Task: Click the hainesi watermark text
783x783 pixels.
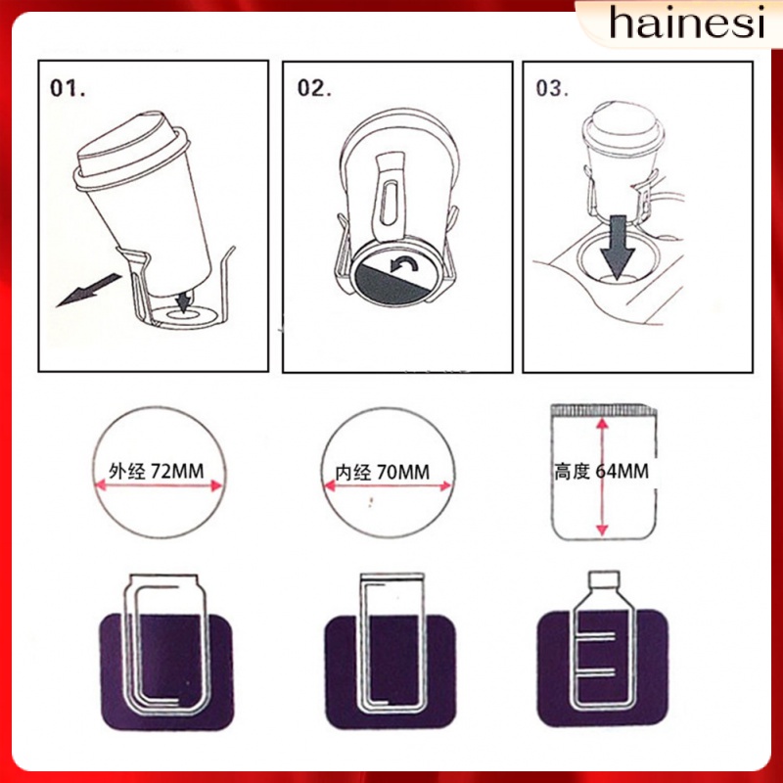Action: click(685, 23)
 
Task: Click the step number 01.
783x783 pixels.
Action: click(69, 87)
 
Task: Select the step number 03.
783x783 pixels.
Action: click(553, 87)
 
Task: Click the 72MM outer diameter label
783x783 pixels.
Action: click(162, 472)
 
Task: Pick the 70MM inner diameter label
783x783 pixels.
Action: click(390, 472)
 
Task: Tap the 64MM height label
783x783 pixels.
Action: click(602, 472)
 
